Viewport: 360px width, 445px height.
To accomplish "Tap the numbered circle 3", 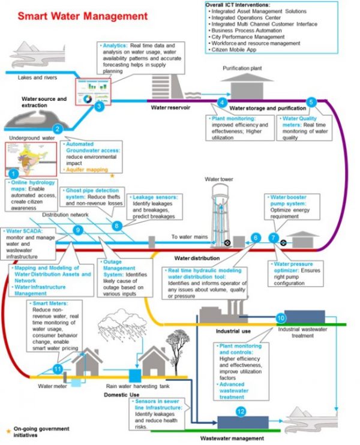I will coord(100,107).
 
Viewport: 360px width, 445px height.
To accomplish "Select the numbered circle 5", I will coord(311,102).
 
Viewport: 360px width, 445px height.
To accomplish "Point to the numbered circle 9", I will coord(77,230).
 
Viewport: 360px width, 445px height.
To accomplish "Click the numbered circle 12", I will coord(241,411).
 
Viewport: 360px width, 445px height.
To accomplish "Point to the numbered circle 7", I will coord(274,237).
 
